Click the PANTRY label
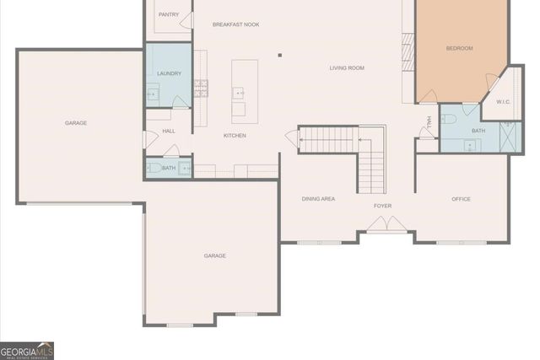point(169,14)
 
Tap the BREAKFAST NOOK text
point(235,24)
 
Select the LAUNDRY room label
point(169,73)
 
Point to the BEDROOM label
point(459,48)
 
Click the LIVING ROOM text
point(347,67)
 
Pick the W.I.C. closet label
point(504,102)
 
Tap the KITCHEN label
point(235,136)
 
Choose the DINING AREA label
point(319,199)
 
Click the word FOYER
point(383,206)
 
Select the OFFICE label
point(461,199)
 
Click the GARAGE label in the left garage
point(76,123)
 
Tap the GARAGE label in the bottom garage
point(214,255)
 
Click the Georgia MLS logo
point(27,350)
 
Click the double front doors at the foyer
point(387,224)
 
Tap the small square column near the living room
point(280,56)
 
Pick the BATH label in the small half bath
point(169,168)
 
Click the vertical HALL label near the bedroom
point(429,122)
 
